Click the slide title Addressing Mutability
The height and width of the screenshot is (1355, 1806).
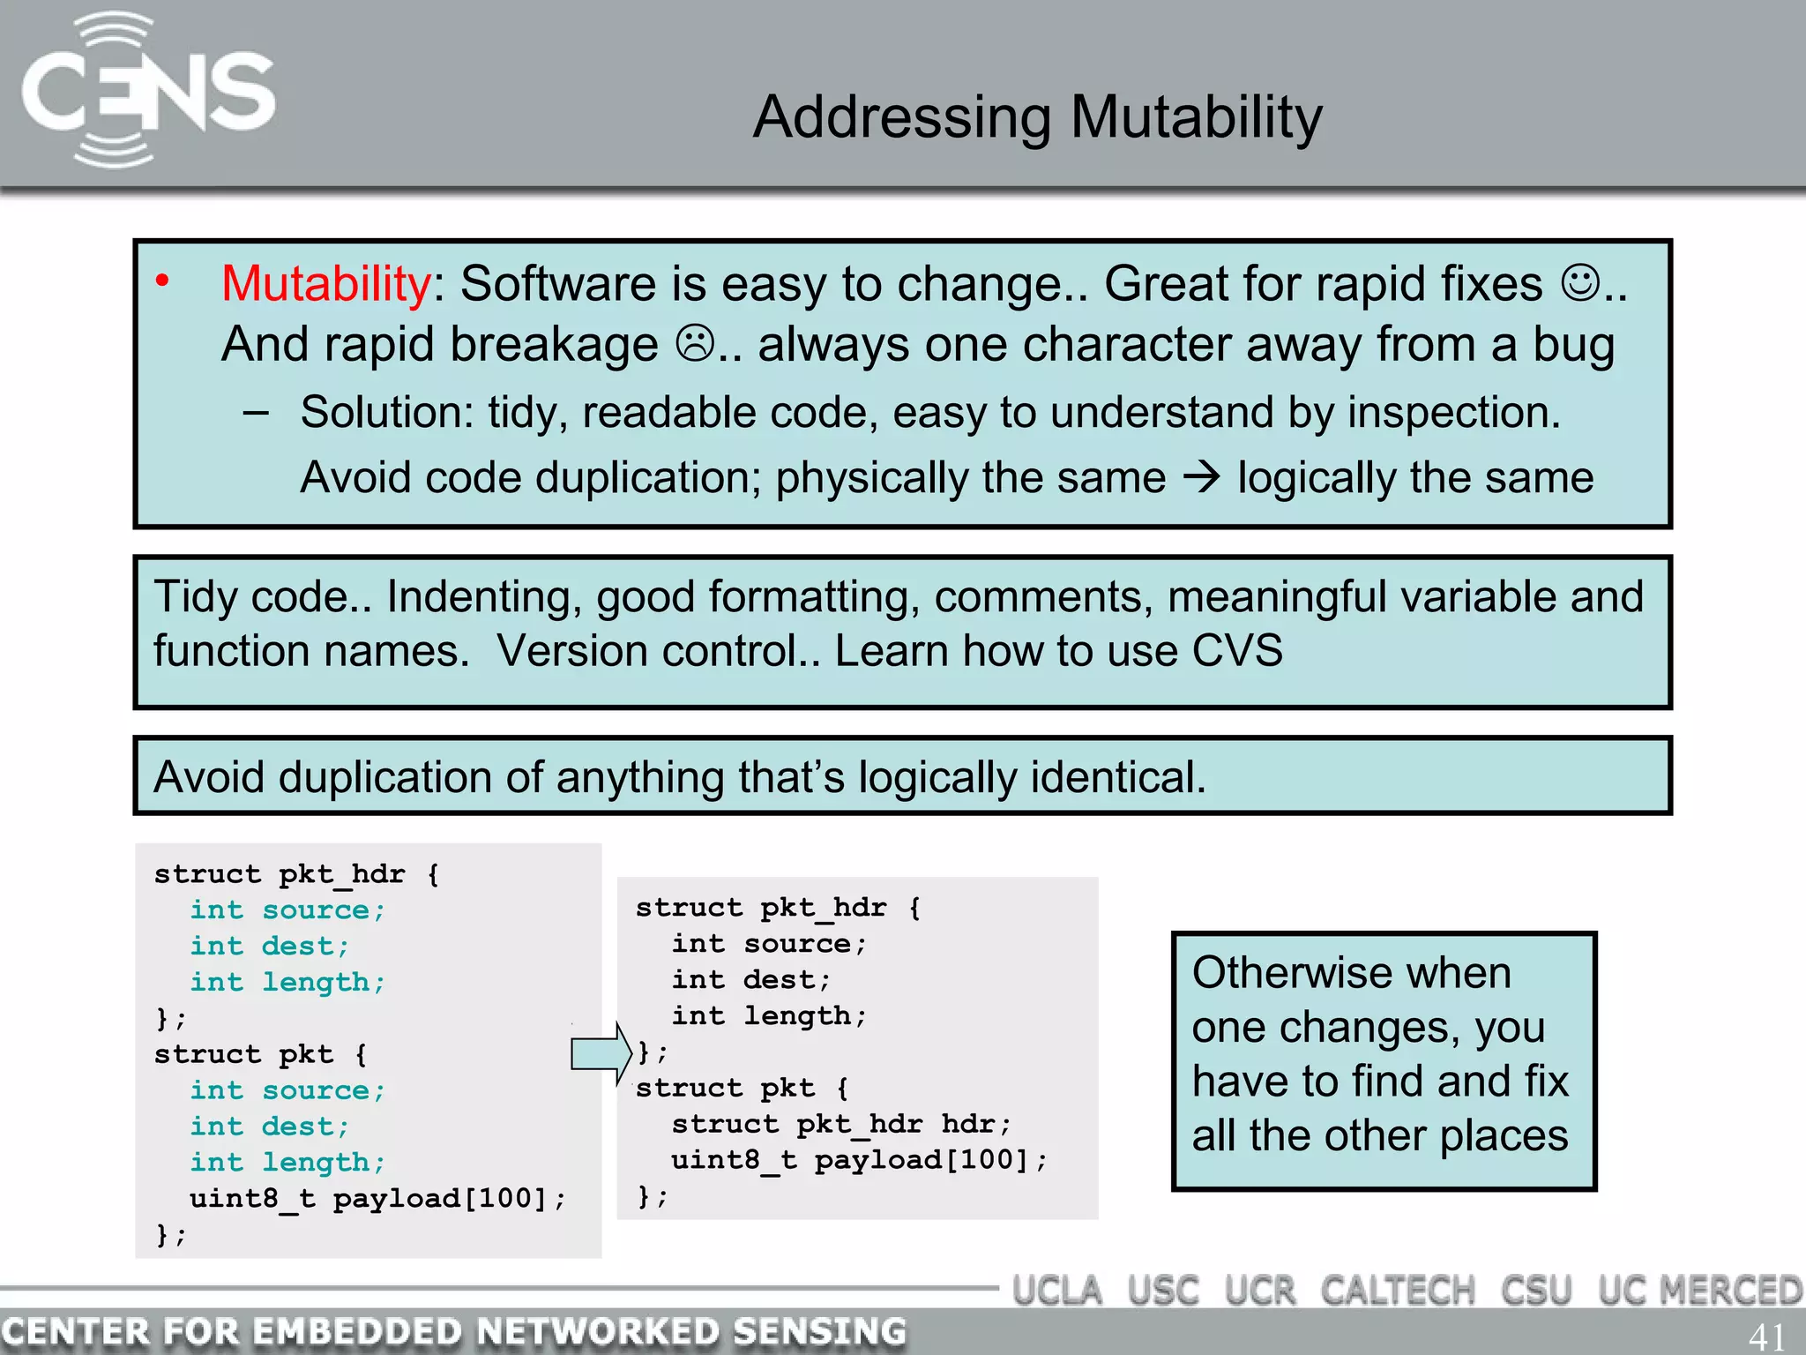click(x=1037, y=117)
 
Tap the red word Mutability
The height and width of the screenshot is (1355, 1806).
click(x=325, y=284)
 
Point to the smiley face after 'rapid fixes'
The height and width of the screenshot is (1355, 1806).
click(x=1579, y=282)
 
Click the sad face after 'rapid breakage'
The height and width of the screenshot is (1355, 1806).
click(x=695, y=343)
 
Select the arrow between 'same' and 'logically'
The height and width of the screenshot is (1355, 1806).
click(x=1201, y=477)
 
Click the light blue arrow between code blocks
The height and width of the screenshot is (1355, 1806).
click(x=601, y=1053)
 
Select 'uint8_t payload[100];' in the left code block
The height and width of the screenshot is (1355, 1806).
click(x=377, y=1198)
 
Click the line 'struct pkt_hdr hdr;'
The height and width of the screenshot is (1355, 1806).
click(x=840, y=1124)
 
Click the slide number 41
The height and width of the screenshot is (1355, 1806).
click(x=1766, y=1336)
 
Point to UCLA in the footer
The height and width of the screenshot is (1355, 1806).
click(x=1056, y=1291)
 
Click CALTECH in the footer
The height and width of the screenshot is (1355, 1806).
click(x=1397, y=1291)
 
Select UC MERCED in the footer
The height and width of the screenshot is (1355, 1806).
click(x=1699, y=1291)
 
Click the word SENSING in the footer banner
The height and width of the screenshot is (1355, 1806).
click(x=819, y=1331)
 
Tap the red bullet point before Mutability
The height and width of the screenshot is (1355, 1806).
click(x=162, y=281)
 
